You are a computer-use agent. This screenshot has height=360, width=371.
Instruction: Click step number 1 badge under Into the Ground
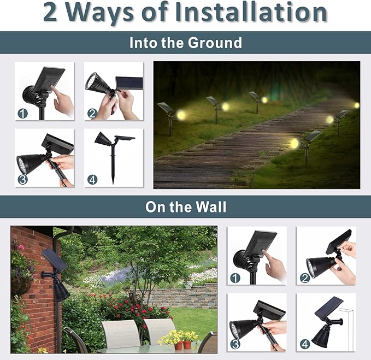22,114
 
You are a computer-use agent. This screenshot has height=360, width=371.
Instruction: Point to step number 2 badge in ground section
92,114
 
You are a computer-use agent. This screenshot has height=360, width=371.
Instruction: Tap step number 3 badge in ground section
22,179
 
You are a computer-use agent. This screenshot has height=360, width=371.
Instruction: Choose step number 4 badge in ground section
92,179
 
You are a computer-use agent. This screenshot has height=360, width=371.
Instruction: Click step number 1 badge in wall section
235,278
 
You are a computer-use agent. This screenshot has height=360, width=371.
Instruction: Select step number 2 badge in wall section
304,278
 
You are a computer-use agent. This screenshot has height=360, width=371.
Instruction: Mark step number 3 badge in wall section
235,344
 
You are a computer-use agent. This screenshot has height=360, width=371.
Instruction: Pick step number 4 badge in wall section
304,344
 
